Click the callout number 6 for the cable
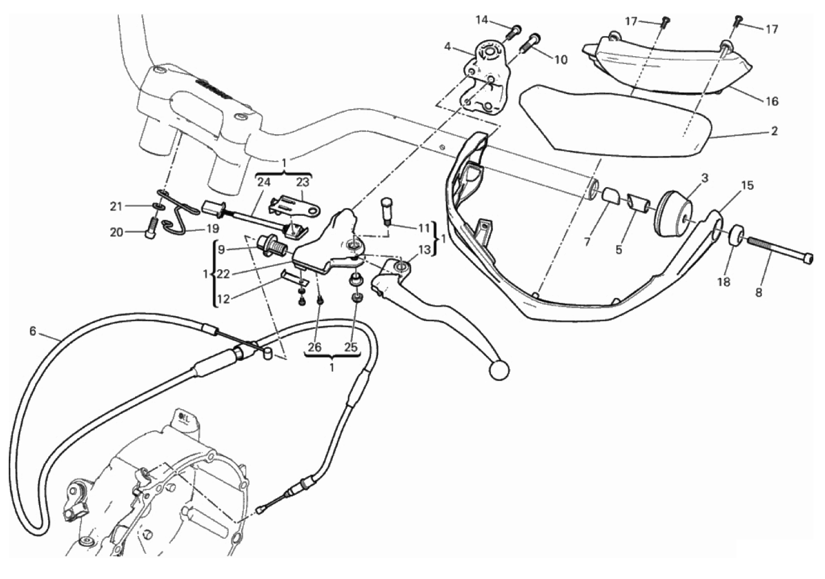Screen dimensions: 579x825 coord(33,331)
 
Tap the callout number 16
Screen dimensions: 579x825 coord(772,102)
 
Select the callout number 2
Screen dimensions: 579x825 coord(774,131)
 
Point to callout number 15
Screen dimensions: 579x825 coord(746,186)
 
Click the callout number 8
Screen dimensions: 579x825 coord(758,292)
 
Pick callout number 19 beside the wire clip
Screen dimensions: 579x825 coord(212,229)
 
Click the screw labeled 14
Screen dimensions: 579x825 coord(513,31)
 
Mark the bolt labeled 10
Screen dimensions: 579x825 coord(532,41)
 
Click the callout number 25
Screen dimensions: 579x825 coord(350,347)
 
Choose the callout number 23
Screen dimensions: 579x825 coord(302,182)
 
